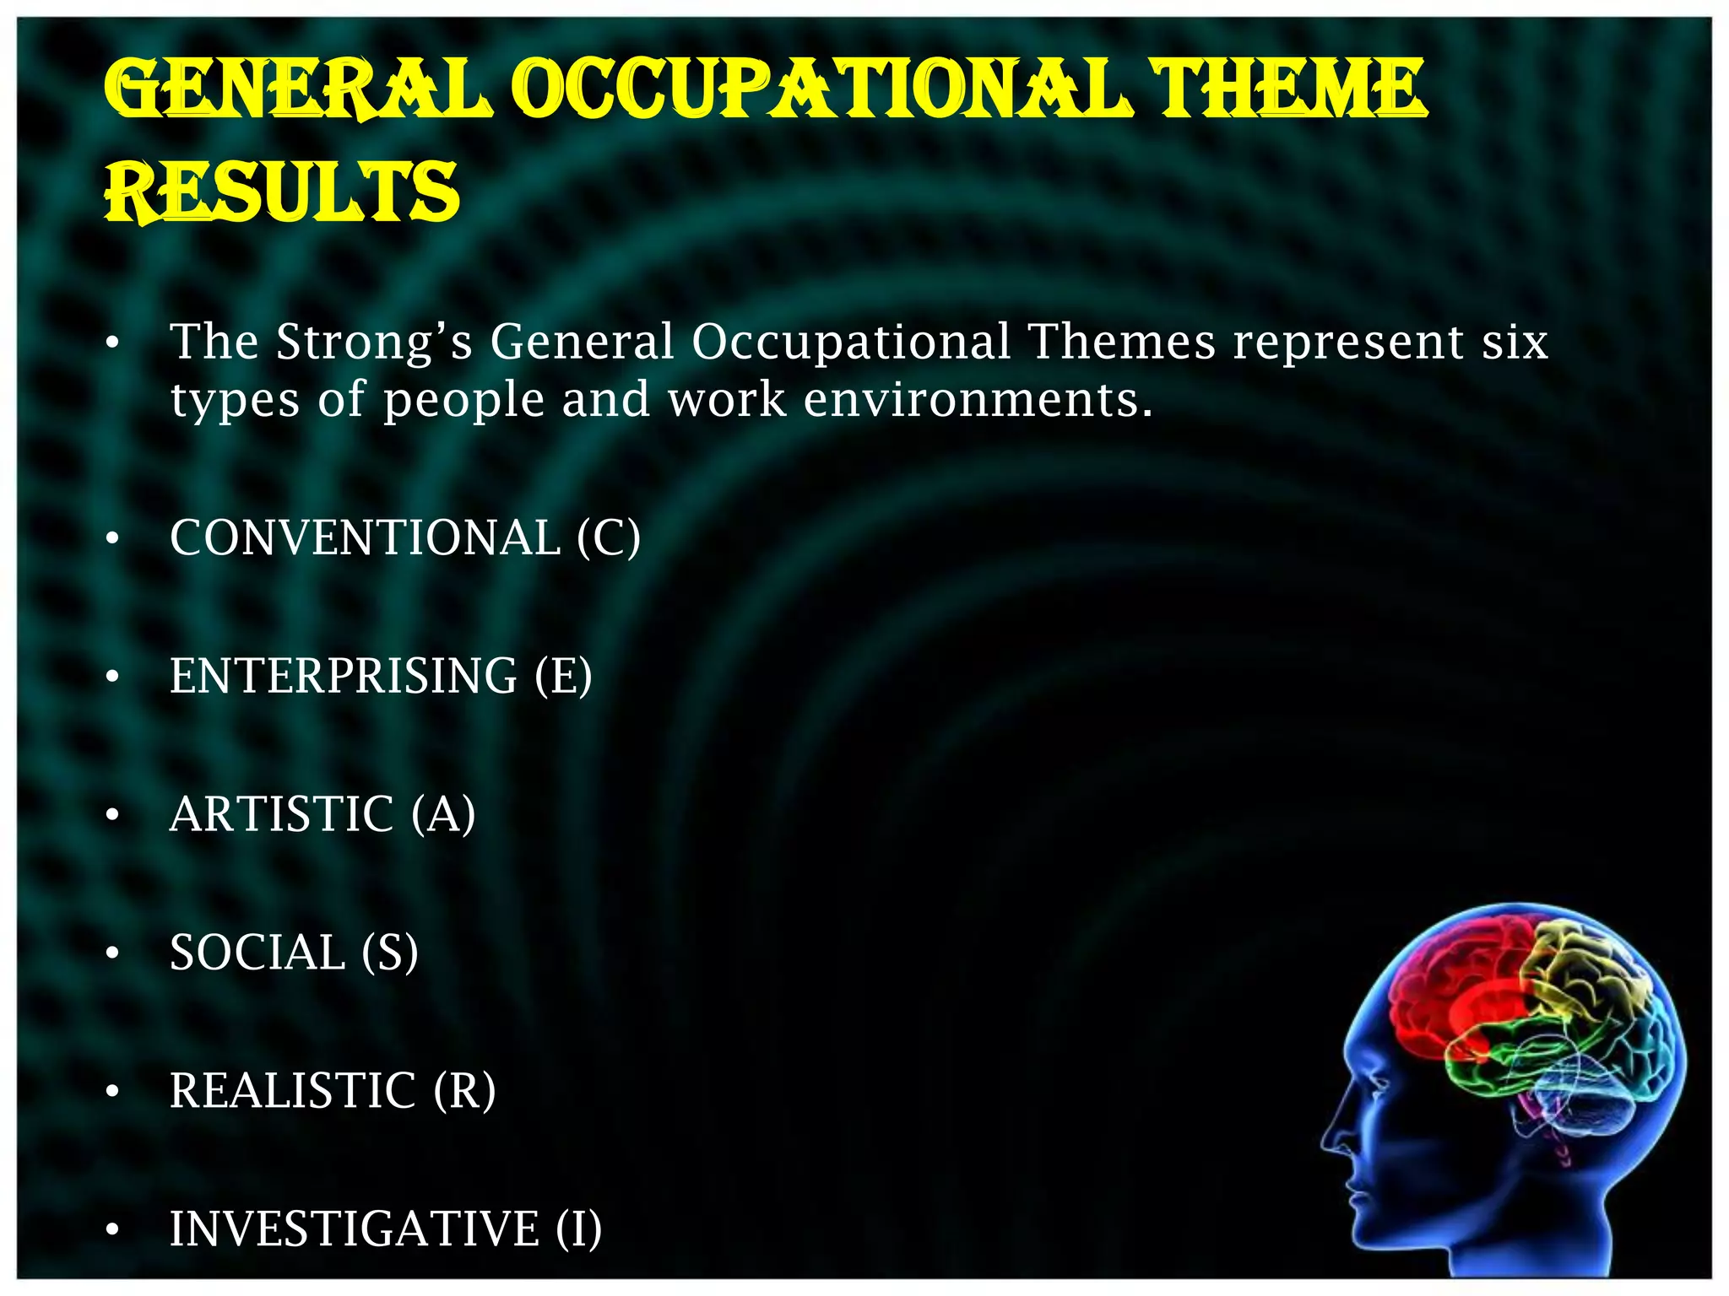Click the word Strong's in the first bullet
click(374, 343)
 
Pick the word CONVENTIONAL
click(365, 537)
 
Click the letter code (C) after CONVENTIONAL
click(608, 537)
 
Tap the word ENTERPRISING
click(344, 676)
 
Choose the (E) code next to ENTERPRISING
click(563, 676)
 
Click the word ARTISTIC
click(282, 814)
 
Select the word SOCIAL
click(257, 953)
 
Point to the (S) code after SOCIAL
click(389, 953)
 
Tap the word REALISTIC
click(293, 1091)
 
